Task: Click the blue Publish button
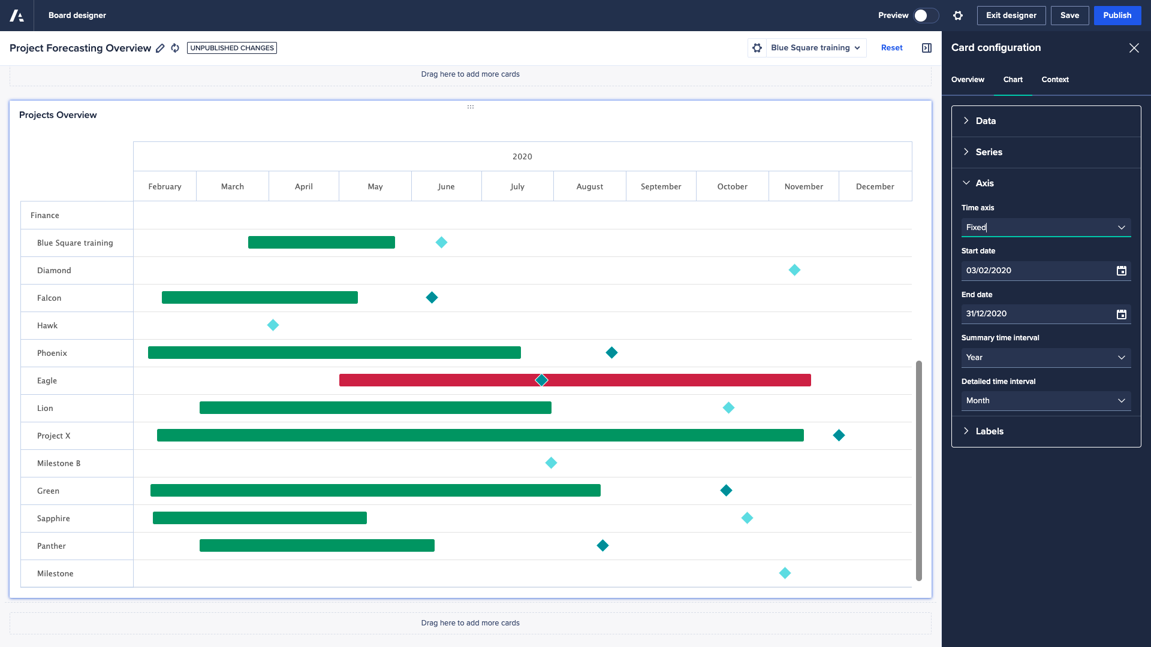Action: [x=1117, y=16]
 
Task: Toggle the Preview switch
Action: [x=926, y=16]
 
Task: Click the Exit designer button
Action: [x=1011, y=16]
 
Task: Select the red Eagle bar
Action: [x=659, y=380]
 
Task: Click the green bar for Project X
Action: [x=480, y=436]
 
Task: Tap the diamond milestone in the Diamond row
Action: [x=794, y=270]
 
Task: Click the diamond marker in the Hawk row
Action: [x=273, y=325]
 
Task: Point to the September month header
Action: [x=661, y=186]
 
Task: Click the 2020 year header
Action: [x=522, y=156]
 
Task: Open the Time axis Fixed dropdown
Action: [x=1045, y=228]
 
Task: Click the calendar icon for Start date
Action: [x=1121, y=271]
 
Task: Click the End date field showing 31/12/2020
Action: [x=1037, y=314]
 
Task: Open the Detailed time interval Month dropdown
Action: [x=1045, y=401]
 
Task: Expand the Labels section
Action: [x=989, y=431]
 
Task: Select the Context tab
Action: [x=1054, y=80]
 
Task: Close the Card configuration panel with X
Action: [x=1134, y=48]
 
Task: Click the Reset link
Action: [x=891, y=48]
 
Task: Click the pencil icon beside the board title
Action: [x=160, y=49]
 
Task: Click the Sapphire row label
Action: [x=53, y=519]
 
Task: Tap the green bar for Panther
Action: [x=317, y=546]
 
